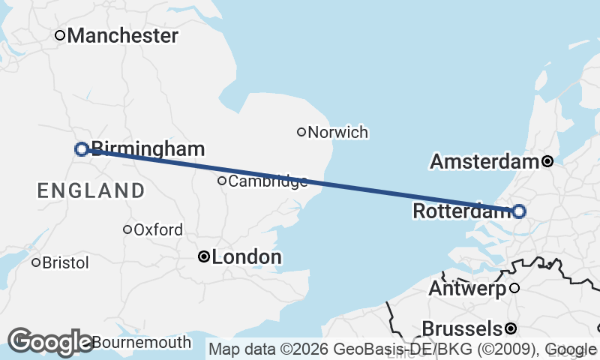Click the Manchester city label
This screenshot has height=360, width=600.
coord(123,35)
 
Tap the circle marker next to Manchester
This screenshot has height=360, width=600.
coord(60,34)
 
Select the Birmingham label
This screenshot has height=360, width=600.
coord(148,149)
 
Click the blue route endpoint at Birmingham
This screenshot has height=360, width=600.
coord(82,149)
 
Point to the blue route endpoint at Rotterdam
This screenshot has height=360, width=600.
coord(518,211)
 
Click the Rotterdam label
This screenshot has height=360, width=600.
coord(461,212)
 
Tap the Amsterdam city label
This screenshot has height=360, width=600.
coord(484,161)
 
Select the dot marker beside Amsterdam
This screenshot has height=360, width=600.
coord(547,161)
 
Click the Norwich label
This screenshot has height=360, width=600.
coord(337,133)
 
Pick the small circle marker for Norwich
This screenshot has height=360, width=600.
coord(301,132)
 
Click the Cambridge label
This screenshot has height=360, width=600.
coord(268,181)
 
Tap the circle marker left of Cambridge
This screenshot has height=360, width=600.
coord(222,181)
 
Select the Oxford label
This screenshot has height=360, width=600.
coord(157,230)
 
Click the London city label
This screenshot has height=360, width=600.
coord(247,257)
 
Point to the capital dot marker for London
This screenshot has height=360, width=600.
coord(202,256)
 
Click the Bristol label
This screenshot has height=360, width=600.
coord(65,263)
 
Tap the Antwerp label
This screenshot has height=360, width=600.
coord(468,288)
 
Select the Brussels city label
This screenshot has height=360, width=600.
coord(462,328)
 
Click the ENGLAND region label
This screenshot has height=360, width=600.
coord(91,190)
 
